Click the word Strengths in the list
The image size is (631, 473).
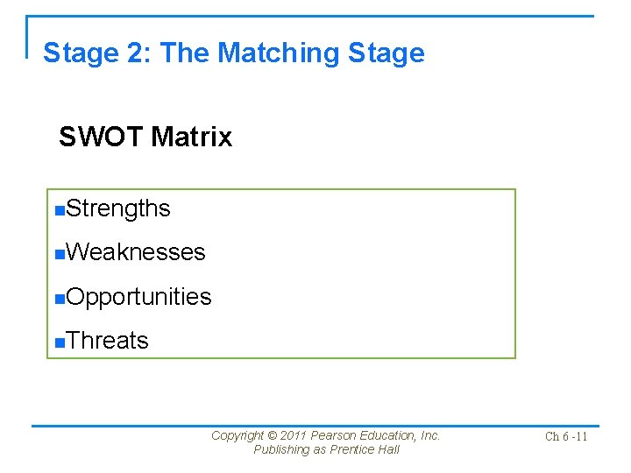pos(117,208)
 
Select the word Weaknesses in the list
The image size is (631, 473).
pos(135,252)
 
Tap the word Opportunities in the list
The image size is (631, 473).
pos(138,297)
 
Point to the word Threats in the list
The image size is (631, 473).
pos(107,341)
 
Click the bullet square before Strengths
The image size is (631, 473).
pos(59,210)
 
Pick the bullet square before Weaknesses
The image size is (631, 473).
pos(59,254)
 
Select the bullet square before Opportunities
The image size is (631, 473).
pos(59,298)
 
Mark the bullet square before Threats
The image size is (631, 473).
pos(59,342)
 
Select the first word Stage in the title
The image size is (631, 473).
pos(77,53)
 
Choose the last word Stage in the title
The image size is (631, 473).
pos(386,53)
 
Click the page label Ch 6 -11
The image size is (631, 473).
pos(566,437)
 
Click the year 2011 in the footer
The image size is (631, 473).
pos(295,435)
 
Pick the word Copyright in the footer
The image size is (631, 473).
pos(238,435)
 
